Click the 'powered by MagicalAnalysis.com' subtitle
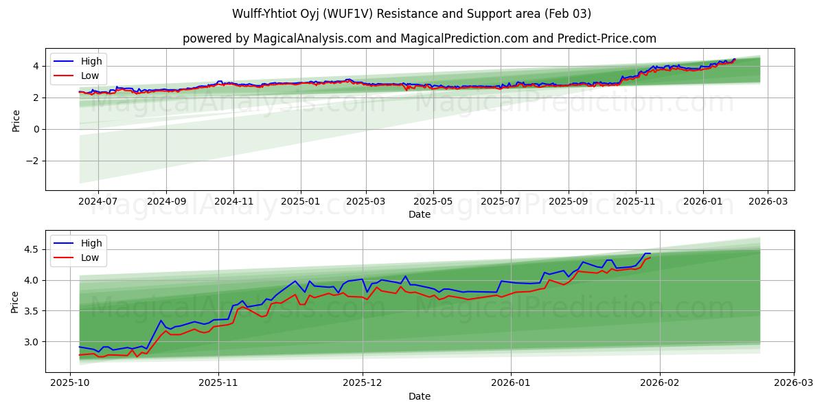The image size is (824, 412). click(x=420, y=38)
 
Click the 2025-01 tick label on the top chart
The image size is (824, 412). click(x=300, y=202)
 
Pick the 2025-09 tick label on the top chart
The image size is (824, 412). click(x=568, y=202)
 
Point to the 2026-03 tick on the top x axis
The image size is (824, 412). click(x=767, y=202)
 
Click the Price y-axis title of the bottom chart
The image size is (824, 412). click(x=14, y=301)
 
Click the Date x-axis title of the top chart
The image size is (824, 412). click(x=420, y=214)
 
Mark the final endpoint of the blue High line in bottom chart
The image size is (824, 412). click(x=650, y=253)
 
